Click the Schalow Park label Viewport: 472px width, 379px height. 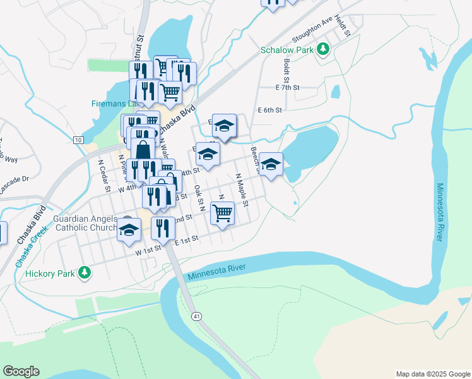coord(288,50)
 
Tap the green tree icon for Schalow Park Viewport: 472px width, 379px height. coord(324,49)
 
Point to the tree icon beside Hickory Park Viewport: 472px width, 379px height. coord(84,273)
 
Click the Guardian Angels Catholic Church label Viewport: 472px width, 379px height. coord(85,223)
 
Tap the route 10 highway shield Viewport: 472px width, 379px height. coord(78,140)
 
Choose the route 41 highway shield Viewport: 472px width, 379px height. coord(198,315)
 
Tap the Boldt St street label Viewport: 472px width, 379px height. coord(286,71)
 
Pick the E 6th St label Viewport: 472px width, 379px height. coord(269,109)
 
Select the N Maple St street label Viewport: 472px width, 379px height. coord(242,190)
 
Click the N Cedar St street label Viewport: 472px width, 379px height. coord(103,169)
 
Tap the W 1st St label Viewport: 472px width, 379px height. coord(149,251)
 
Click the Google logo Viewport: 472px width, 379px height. coord(21,371)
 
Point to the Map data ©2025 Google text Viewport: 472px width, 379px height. coord(432,374)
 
